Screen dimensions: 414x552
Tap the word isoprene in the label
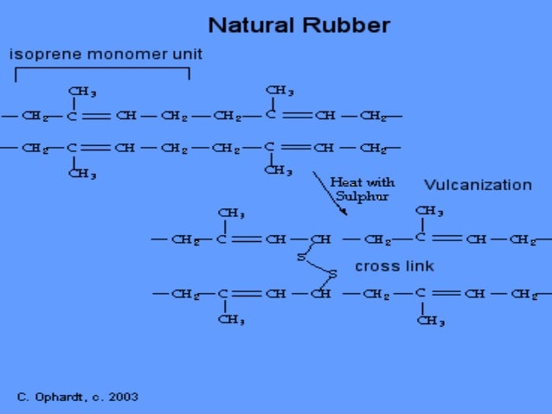point(43,54)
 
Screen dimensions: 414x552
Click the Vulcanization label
point(478,185)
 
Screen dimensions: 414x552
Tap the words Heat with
point(364,182)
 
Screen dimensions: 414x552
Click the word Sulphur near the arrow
point(357,196)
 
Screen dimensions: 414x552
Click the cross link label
point(395,265)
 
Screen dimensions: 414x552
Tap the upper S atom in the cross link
point(299,257)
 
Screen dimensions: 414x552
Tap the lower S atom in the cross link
point(331,273)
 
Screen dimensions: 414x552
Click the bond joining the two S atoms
point(316,264)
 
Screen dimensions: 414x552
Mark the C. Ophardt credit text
point(77,398)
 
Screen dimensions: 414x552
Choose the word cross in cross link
point(375,265)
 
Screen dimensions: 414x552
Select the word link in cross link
point(417,265)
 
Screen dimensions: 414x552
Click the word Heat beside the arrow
point(350,182)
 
